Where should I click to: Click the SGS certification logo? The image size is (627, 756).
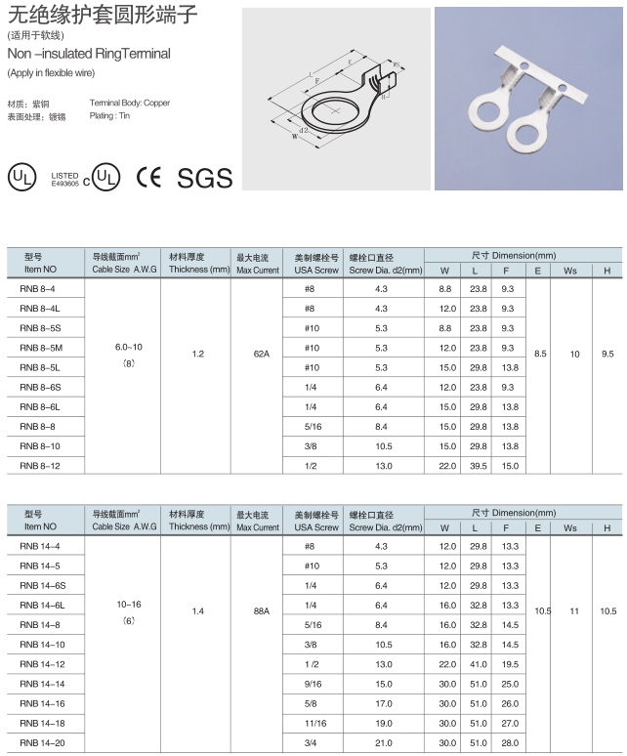coord(204,177)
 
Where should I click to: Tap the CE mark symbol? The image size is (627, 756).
coord(149,177)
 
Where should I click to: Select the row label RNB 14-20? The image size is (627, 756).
coord(41,743)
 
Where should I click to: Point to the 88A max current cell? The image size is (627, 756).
coord(261,610)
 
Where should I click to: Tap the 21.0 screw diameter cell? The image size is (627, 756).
coord(383,743)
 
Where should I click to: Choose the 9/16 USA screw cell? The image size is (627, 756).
coord(313,685)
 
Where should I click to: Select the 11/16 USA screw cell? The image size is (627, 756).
coord(313,724)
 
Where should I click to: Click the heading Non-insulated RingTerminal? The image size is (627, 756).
coord(89,54)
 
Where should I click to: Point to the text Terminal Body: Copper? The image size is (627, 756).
coord(129,103)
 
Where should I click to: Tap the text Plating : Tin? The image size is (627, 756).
coord(109,115)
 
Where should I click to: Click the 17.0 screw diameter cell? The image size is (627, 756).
coord(383,704)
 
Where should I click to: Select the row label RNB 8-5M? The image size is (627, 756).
coord(41,348)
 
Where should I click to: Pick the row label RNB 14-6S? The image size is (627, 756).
coord(42,585)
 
